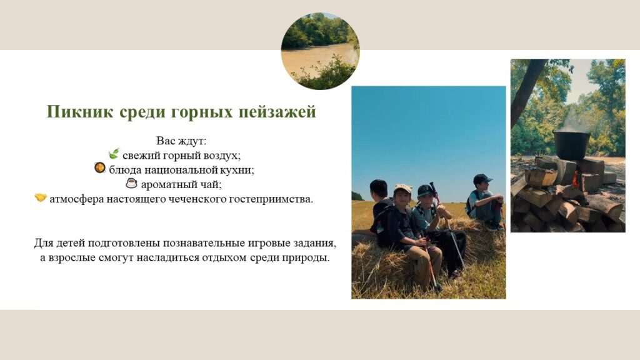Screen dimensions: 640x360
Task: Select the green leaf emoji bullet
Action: click(114, 154)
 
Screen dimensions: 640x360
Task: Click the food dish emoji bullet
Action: click(99, 167)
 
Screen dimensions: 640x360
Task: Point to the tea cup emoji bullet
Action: click(131, 183)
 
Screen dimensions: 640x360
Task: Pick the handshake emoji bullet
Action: click(41, 198)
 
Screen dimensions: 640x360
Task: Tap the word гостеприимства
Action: click(271, 200)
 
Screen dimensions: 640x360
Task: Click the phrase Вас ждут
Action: click(182, 141)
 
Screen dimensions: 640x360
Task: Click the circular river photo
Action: click(321, 51)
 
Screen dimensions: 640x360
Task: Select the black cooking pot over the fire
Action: click(571, 145)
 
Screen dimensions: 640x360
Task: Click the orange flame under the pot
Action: click(576, 179)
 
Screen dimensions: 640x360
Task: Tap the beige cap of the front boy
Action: click(403, 188)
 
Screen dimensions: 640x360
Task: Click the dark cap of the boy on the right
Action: click(482, 179)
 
